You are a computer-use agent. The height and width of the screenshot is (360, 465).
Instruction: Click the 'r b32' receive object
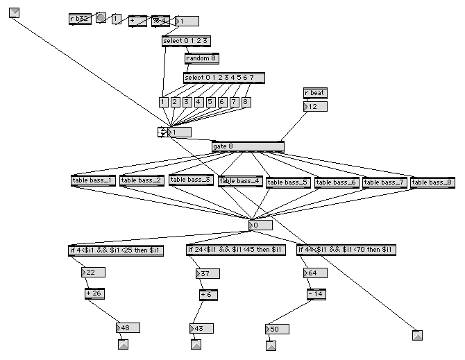point(80,19)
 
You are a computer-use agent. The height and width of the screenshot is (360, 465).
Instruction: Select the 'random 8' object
point(201,59)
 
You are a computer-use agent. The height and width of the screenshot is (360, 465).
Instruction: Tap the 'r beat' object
point(314,93)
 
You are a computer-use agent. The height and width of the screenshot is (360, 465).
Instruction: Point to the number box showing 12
point(315,106)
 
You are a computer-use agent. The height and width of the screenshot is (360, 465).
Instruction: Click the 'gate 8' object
point(248,146)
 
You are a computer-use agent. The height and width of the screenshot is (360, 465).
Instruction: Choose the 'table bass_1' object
point(94,180)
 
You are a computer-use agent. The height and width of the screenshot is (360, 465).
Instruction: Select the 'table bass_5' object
point(287,182)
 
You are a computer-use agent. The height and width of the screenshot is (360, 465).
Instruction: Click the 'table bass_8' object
point(432,182)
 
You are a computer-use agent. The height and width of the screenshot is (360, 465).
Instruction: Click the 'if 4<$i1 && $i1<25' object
point(116,250)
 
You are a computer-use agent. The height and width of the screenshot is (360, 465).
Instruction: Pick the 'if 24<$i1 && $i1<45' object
point(236,250)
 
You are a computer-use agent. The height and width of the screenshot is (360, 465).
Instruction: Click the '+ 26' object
point(95,293)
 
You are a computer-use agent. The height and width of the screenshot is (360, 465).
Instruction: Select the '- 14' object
point(315,294)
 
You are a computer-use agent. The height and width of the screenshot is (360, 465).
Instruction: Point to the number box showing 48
point(128,327)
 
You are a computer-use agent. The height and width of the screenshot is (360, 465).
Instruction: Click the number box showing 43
point(202,328)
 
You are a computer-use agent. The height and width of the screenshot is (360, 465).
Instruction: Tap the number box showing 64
point(315,273)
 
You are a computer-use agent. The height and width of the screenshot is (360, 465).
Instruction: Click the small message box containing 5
point(210,102)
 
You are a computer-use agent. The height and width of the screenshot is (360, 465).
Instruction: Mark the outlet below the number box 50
point(271,344)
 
